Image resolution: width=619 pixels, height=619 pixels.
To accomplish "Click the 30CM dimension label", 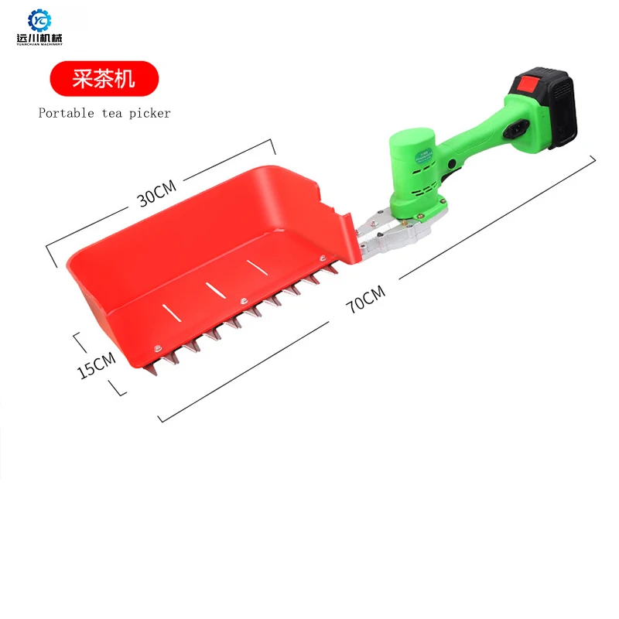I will coord(157,192).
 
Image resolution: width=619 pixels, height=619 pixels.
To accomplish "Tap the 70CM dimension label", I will coord(365,297).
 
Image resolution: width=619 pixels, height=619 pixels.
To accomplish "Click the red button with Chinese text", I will coord(104,78).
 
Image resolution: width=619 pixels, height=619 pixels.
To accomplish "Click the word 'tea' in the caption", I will coord(110,113).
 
